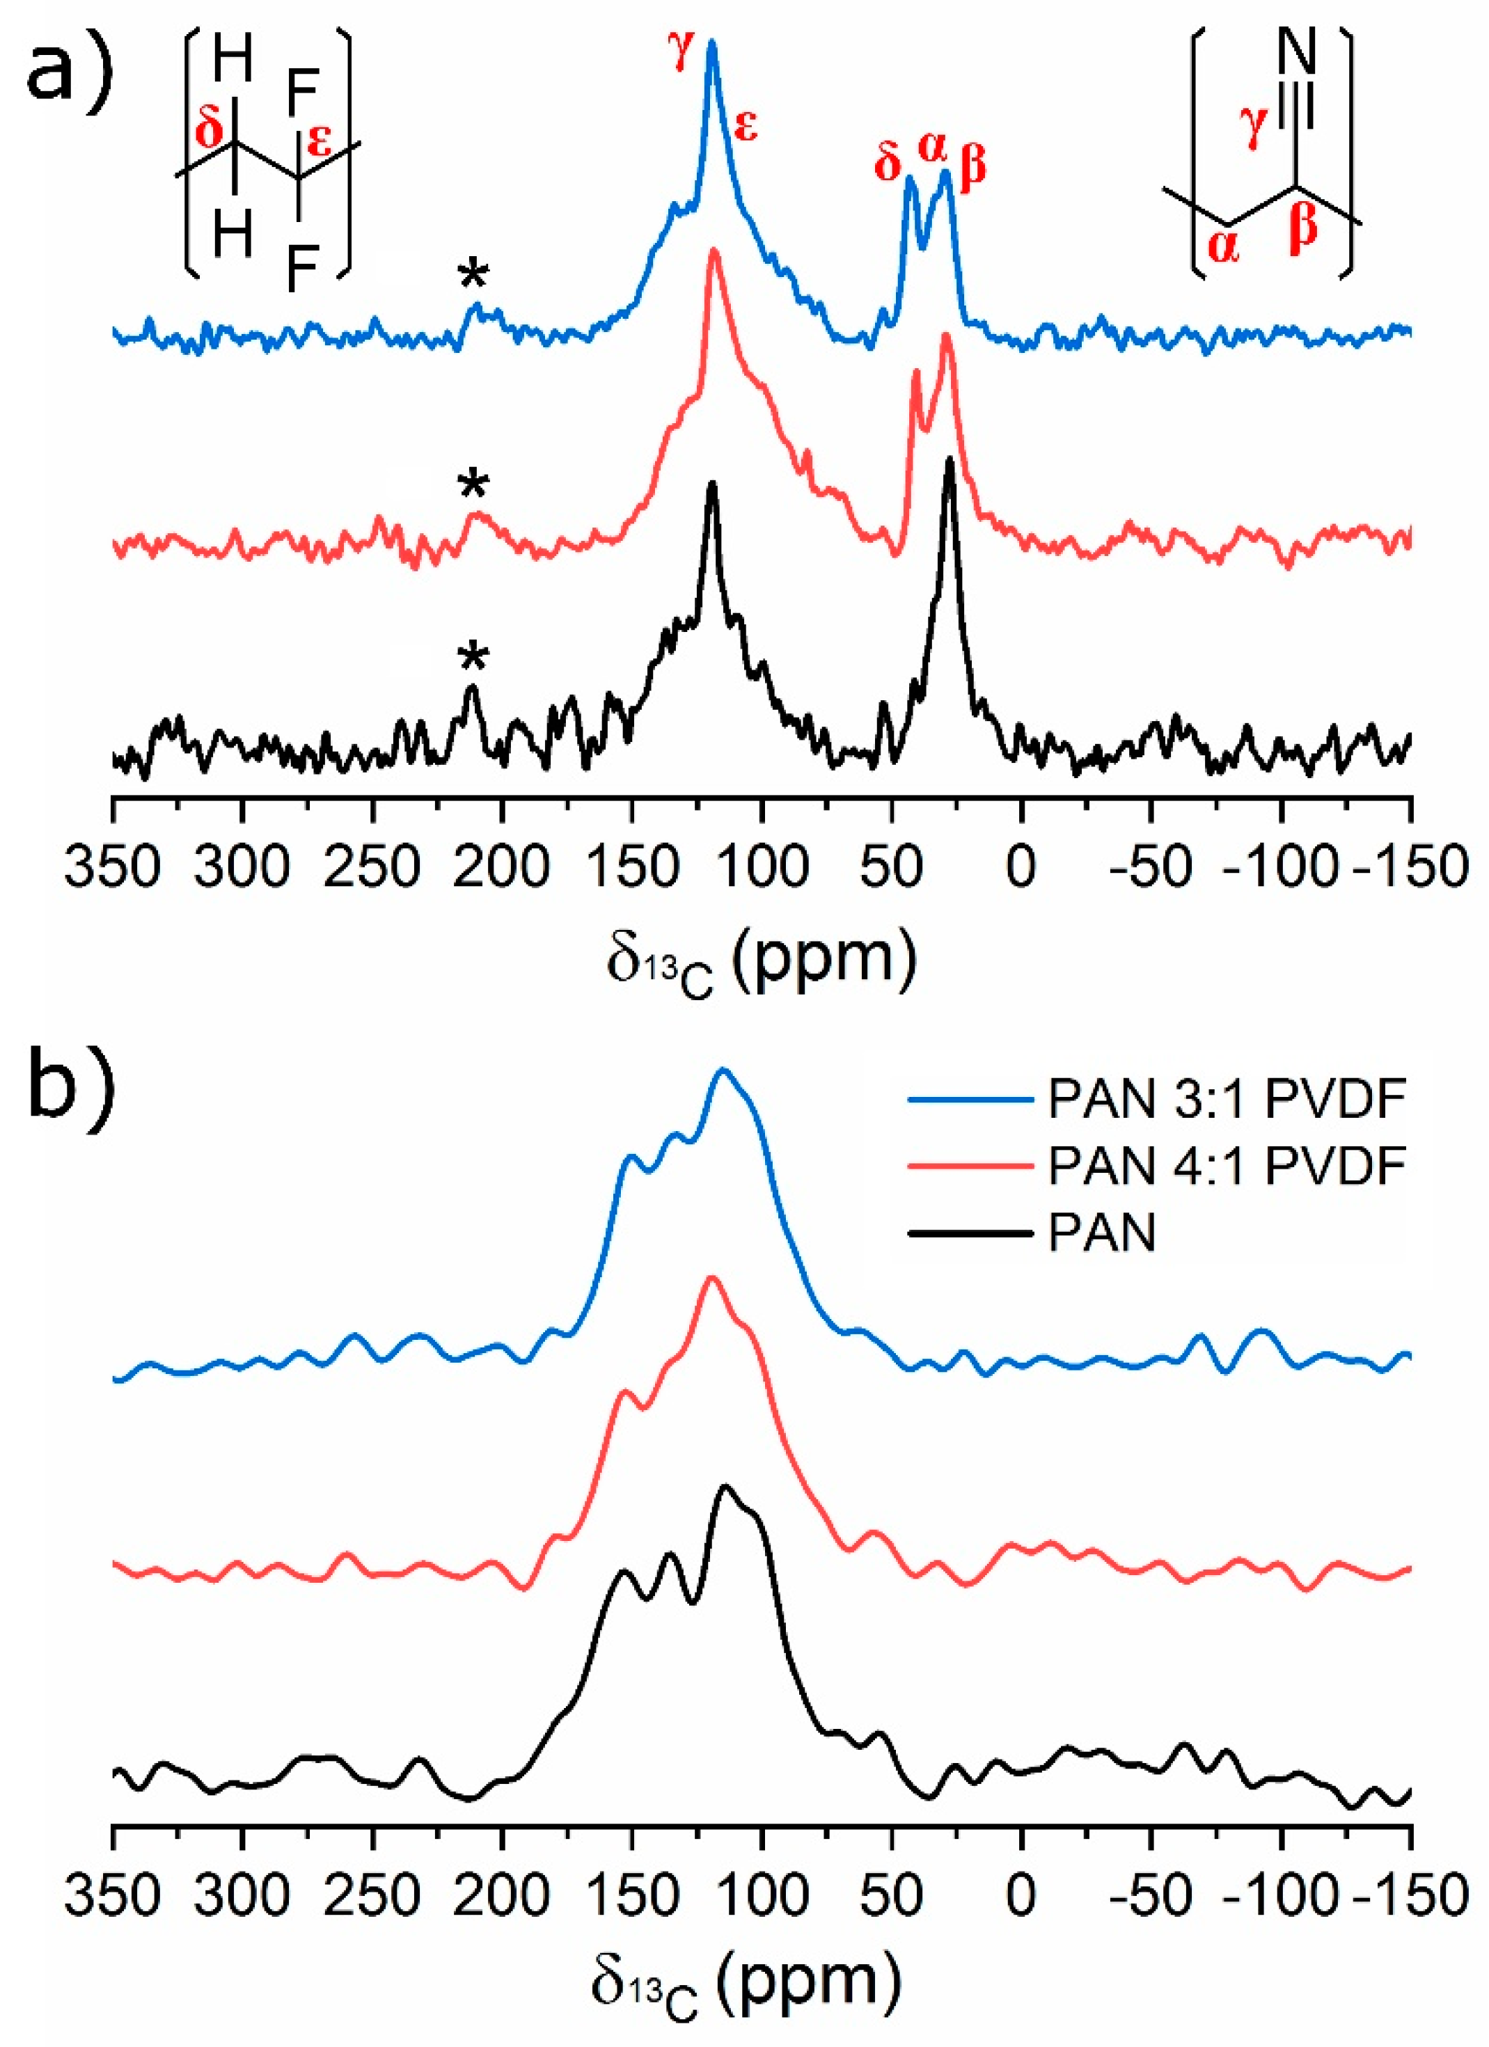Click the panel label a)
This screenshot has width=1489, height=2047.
click(x=68, y=68)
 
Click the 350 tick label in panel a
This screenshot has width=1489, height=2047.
click(x=112, y=867)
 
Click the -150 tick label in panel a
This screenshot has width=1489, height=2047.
click(x=1412, y=867)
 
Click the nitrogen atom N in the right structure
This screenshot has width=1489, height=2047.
click(x=1298, y=52)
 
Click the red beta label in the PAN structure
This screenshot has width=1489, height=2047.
click(x=1303, y=228)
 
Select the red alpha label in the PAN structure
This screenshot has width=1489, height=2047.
click(x=1223, y=246)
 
